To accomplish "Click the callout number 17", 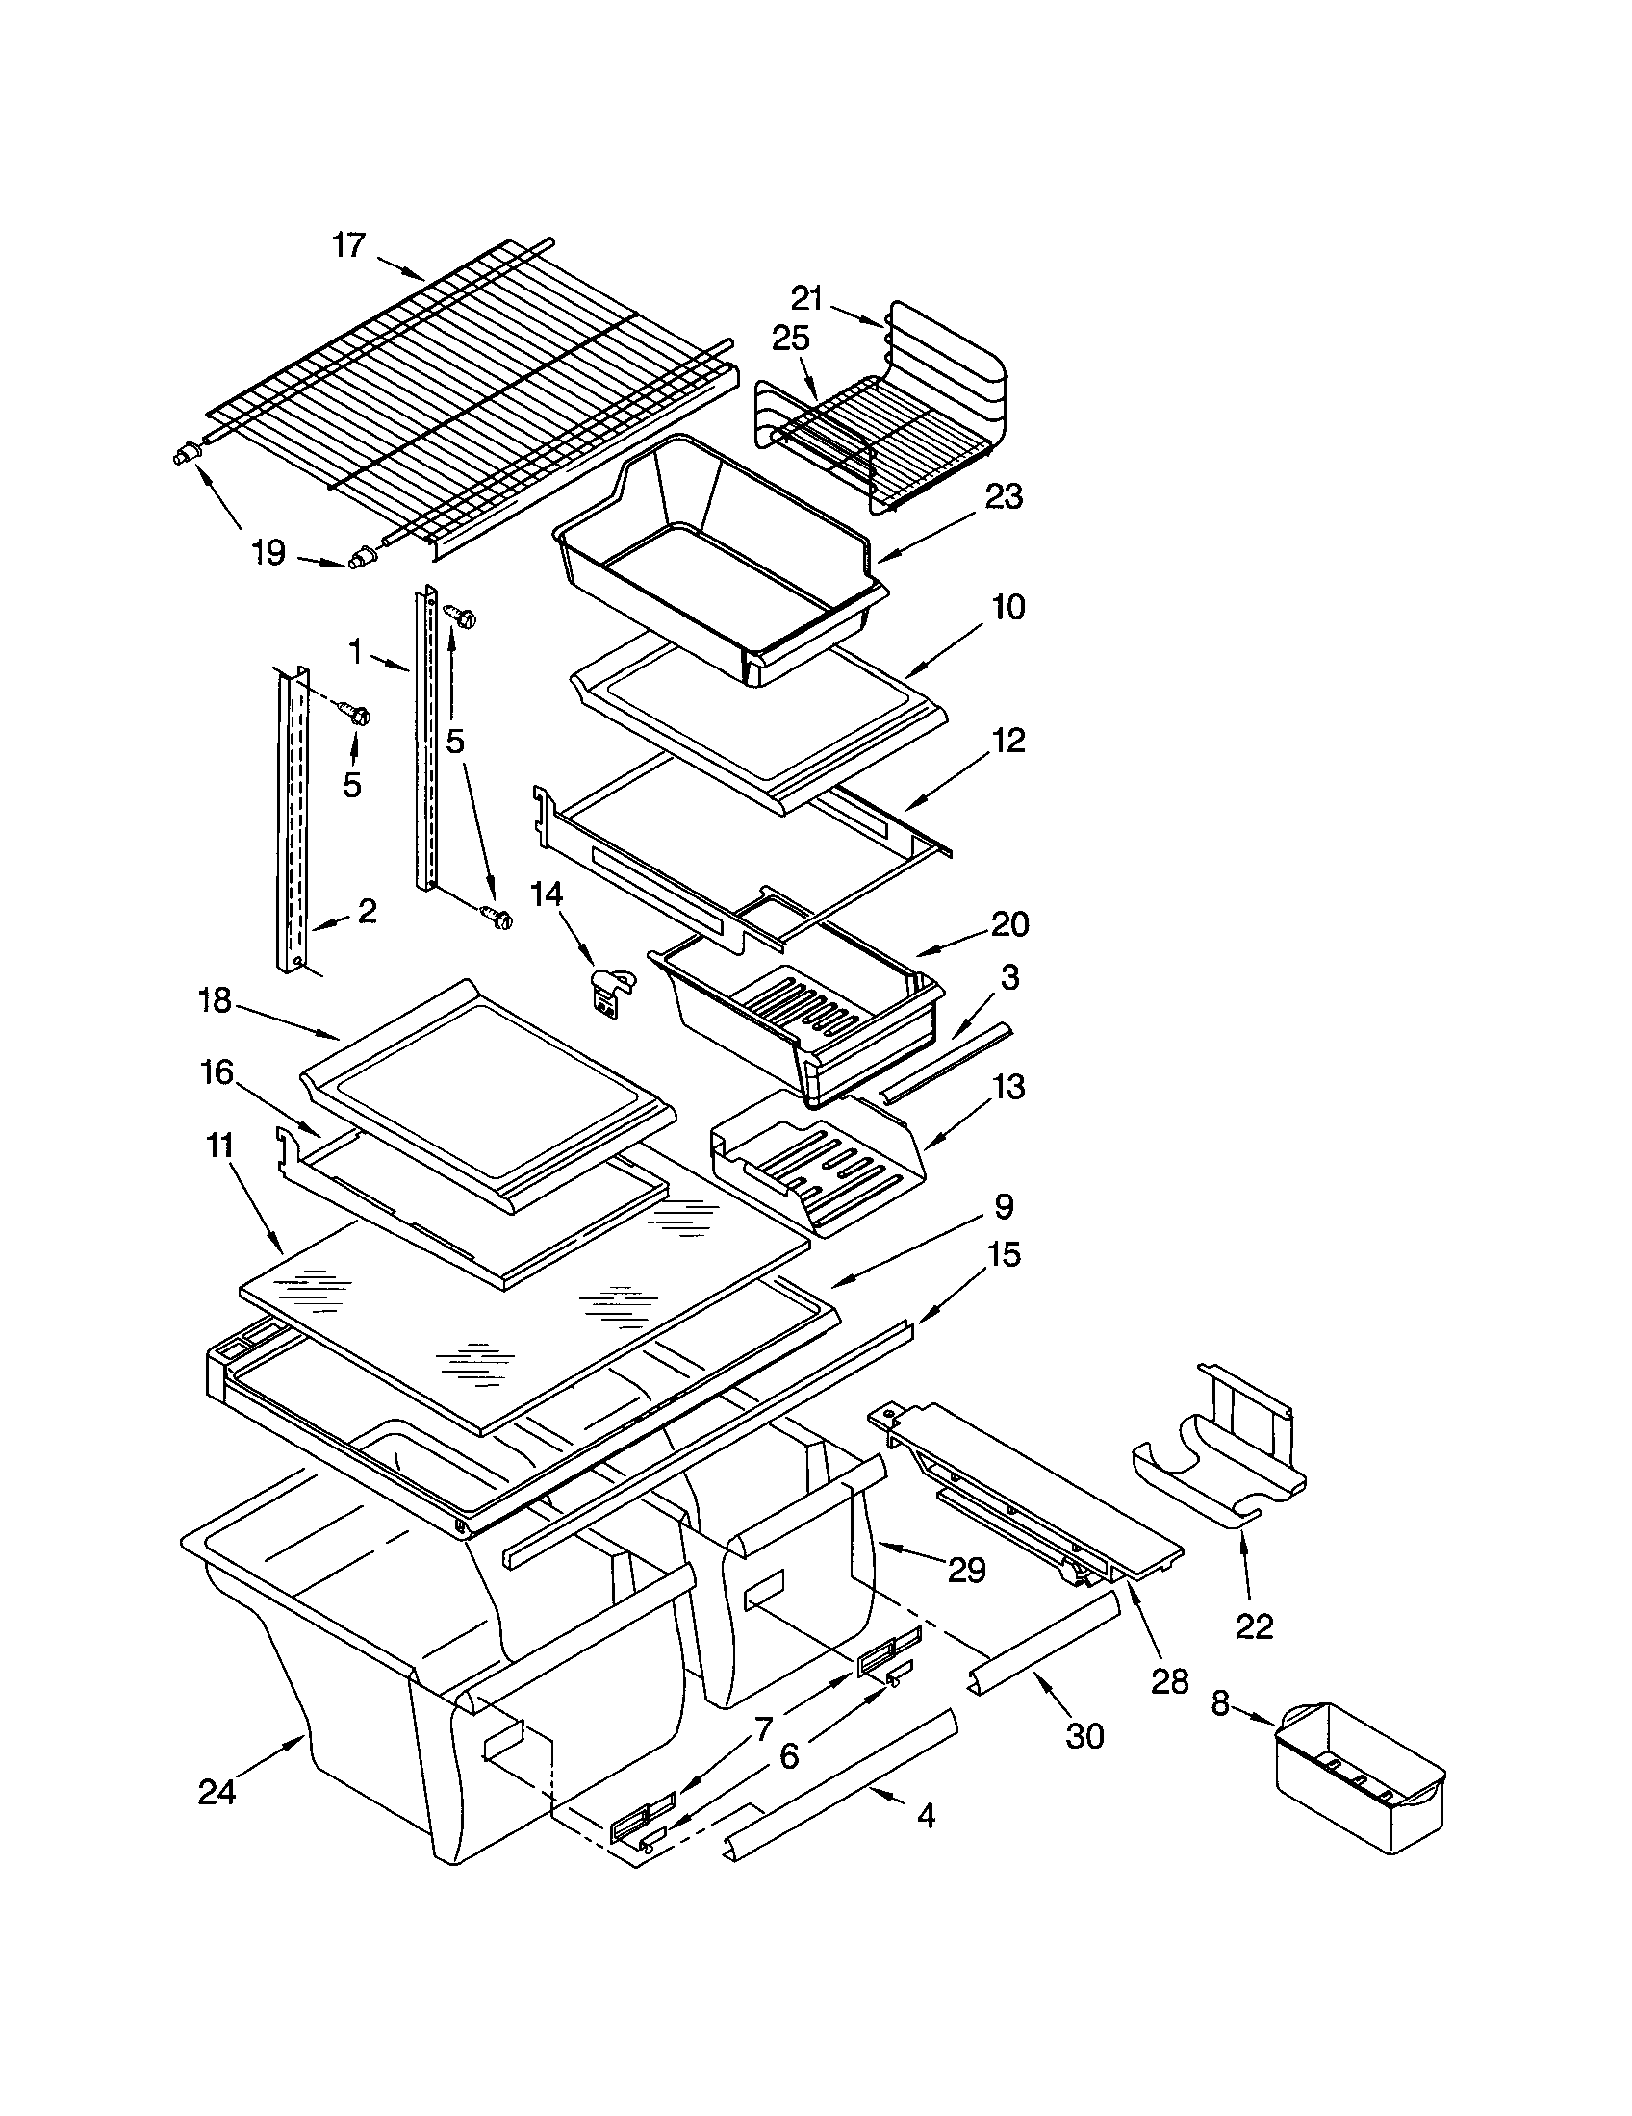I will pyautogui.click(x=348, y=246).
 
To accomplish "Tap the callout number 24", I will pyautogui.click(x=217, y=1793).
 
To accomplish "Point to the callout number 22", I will pyautogui.click(x=1253, y=1625).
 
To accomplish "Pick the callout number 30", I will pyautogui.click(x=1084, y=1736).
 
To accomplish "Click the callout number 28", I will pyautogui.click(x=1170, y=1682).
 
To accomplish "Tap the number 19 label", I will pyautogui.click(x=268, y=553).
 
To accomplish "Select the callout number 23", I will pyautogui.click(x=1004, y=497).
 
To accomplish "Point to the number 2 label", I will pyautogui.click(x=367, y=911).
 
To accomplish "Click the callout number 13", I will pyautogui.click(x=1007, y=1087).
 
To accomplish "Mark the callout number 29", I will pyautogui.click(x=966, y=1570).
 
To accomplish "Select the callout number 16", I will pyautogui.click(x=217, y=1072).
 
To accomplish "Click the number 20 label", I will pyautogui.click(x=1008, y=924).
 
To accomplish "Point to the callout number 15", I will pyautogui.click(x=1004, y=1255).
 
